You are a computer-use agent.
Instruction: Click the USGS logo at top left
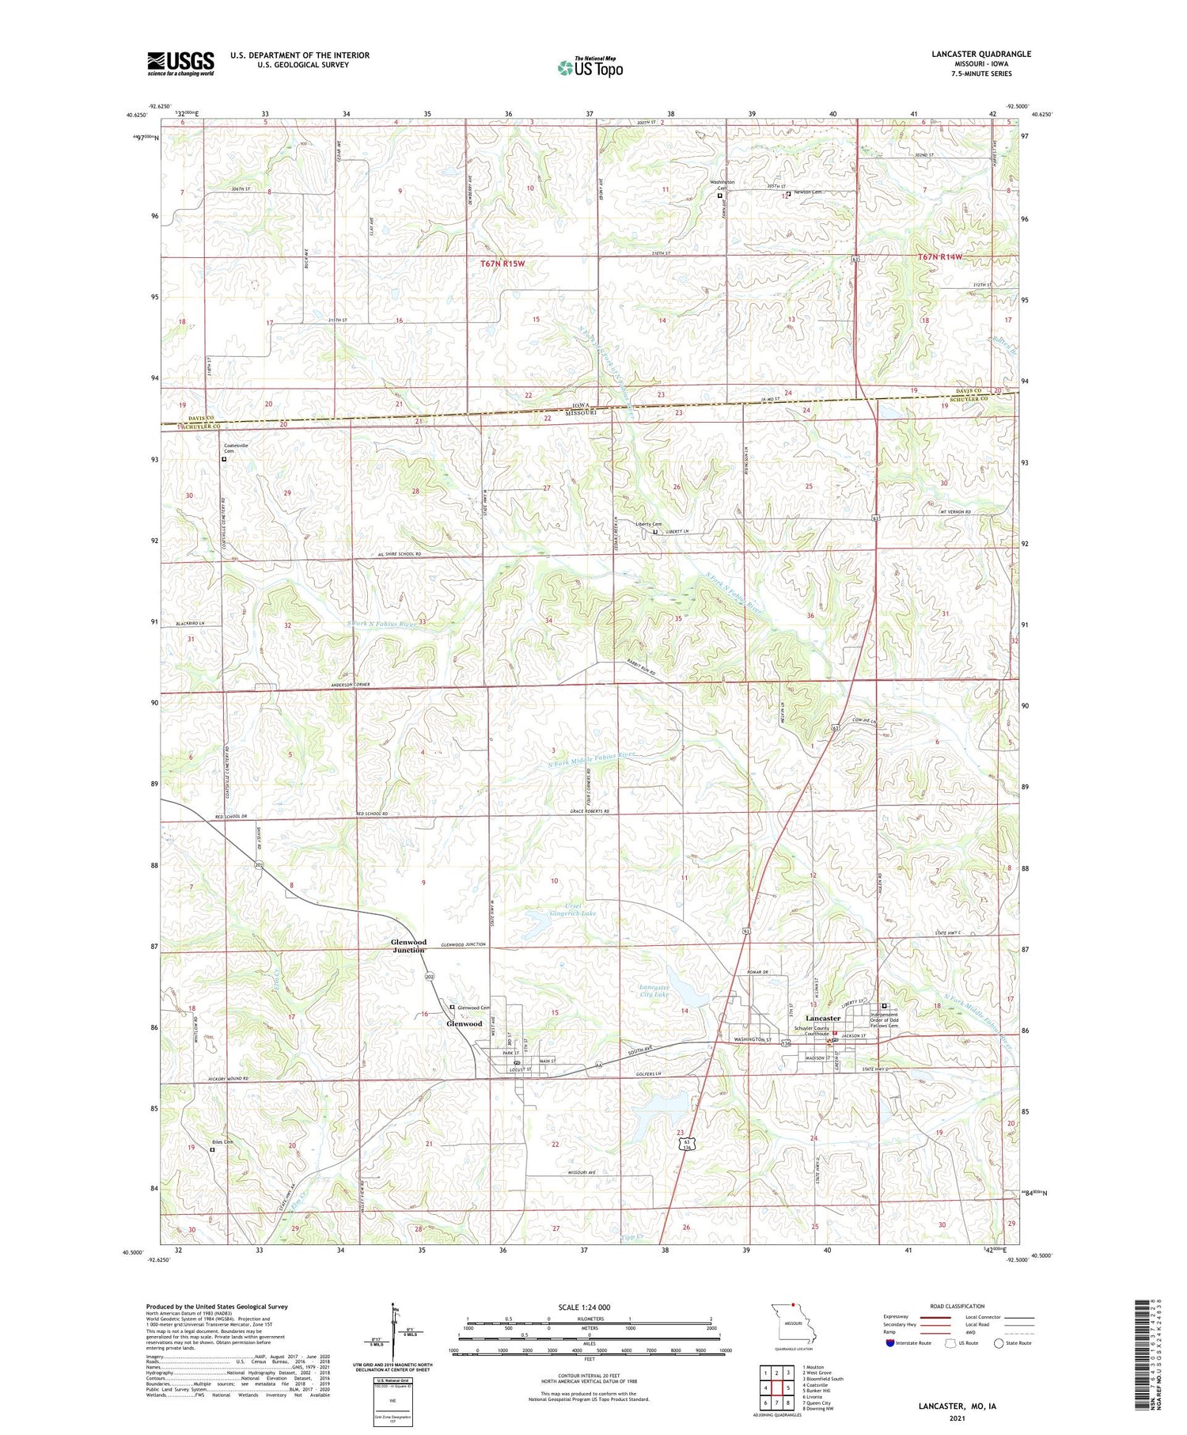(180, 63)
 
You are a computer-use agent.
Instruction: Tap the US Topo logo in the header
(590, 68)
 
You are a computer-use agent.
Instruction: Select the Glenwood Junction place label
(408, 946)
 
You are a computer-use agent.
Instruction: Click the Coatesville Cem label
(236, 448)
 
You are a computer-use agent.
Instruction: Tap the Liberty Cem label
(648, 524)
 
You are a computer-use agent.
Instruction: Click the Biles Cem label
(222, 1142)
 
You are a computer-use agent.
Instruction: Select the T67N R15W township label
(502, 263)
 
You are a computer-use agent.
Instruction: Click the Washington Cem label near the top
(721, 184)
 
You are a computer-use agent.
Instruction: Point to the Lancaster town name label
(822, 1018)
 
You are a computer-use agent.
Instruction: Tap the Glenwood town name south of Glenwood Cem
(464, 1023)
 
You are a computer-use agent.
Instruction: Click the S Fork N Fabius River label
(381, 624)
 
